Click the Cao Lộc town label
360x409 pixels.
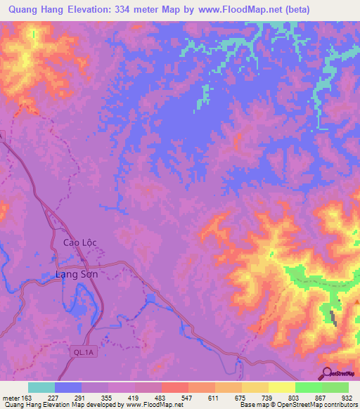pyautogui.click(x=79, y=242)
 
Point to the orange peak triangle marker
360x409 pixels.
pyautogui.click(x=357, y=302)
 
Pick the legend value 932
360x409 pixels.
pyautogui.click(x=348, y=398)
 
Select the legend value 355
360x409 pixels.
pyautogui.click(x=108, y=398)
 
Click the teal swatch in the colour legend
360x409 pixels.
pyautogui.click(x=41, y=387)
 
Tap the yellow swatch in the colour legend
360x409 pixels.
pyautogui.click(x=282, y=387)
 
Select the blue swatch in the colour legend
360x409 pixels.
pyautogui.click(x=68, y=387)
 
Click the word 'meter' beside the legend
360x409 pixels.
pyautogui.click(x=11, y=398)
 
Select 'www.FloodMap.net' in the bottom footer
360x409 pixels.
pyautogui.click(x=150, y=405)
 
